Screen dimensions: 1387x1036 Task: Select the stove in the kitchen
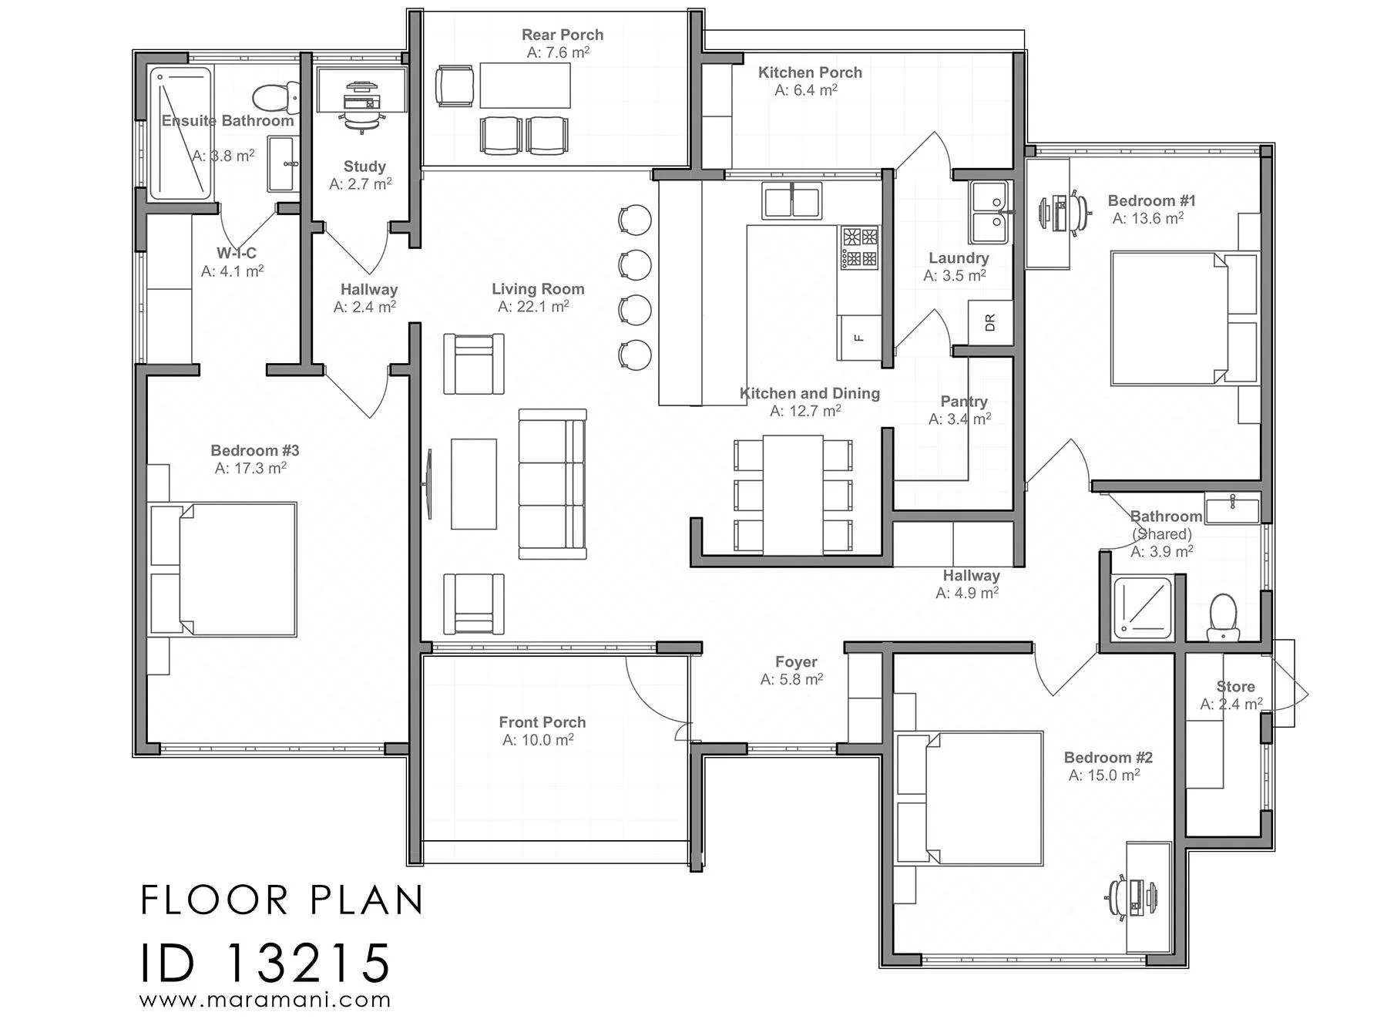tap(860, 247)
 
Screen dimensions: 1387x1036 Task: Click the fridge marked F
tap(859, 337)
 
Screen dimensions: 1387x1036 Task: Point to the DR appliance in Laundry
tap(990, 321)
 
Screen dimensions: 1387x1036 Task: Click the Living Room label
tap(538, 289)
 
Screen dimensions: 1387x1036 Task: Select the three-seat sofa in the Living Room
tap(552, 484)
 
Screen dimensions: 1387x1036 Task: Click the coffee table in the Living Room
tap(474, 484)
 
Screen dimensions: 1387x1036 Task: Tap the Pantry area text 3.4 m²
tap(959, 419)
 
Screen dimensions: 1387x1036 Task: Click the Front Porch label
tap(542, 722)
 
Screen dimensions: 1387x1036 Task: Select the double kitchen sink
tap(792, 200)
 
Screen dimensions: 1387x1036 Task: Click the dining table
tap(794, 495)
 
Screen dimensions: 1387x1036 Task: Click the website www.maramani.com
tap(265, 1001)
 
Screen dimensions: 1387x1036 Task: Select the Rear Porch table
tap(526, 86)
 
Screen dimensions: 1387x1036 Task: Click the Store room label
tap(1235, 687)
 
